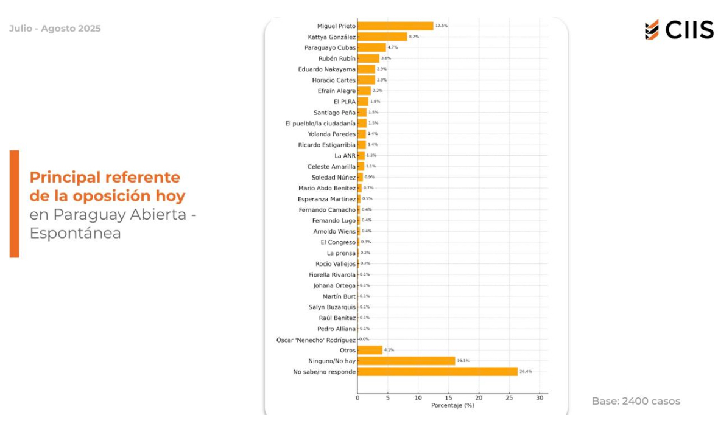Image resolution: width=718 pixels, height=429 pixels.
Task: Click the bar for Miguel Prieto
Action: (395, 26)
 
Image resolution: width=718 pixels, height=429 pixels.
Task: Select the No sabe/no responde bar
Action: (437, 371)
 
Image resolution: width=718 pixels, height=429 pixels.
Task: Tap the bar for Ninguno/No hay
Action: (406, 361)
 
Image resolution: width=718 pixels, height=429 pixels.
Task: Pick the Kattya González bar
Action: (382, 37)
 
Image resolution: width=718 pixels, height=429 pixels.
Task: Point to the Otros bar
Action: (370, 350)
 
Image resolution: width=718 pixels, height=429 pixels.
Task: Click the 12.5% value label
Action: (442, 26)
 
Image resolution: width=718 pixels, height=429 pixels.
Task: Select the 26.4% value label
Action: (526, 371)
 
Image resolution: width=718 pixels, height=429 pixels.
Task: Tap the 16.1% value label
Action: (463, 361)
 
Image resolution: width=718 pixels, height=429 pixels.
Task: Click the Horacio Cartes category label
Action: (334, 80)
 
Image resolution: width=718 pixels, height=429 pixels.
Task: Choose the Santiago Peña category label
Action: (334, 113)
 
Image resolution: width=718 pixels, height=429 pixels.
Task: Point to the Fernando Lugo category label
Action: (334, 220)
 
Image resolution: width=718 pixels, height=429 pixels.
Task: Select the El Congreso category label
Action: (338, 242)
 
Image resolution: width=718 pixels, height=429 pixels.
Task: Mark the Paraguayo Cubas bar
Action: (371, 47)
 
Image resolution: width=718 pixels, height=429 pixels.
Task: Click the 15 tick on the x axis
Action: (448, 398)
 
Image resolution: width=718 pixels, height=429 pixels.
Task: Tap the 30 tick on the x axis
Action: (539, 398)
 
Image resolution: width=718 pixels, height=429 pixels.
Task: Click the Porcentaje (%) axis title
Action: (452, 405)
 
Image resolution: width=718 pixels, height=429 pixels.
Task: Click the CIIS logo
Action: (679, 29)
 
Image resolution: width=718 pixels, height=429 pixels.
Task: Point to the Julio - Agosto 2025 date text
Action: (55, 29)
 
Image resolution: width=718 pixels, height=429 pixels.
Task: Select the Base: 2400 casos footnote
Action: (636, 401)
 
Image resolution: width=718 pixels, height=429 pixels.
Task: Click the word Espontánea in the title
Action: (75, 233)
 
